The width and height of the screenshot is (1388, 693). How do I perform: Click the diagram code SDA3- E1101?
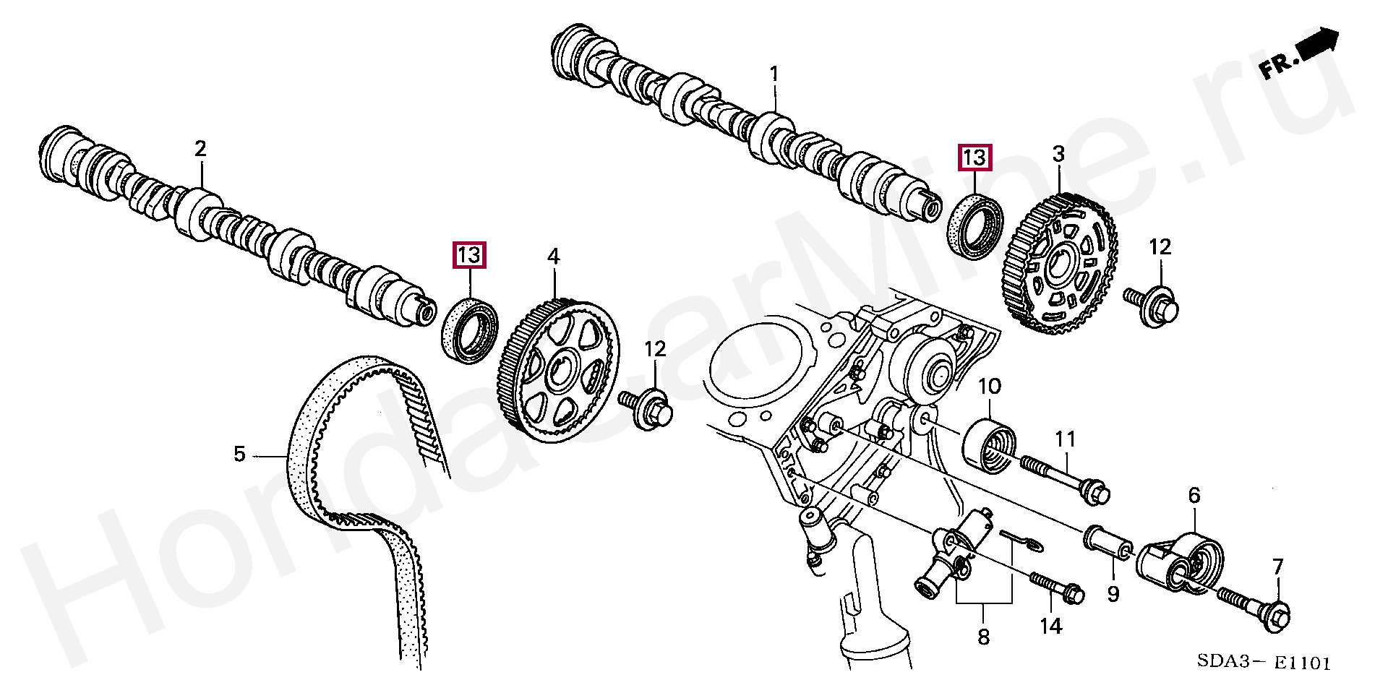pos(1263,661)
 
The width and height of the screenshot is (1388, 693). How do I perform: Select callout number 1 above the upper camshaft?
pos(774,74)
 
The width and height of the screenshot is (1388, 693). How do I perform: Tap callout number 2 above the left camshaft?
pos(200,149)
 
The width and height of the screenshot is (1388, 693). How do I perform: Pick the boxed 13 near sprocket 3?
pos(974,158)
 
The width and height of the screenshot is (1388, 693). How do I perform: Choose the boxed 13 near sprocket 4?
pos(469,255)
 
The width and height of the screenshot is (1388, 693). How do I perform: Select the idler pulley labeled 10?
pos(988,446)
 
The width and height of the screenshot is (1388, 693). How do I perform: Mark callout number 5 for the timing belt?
pos(240,455)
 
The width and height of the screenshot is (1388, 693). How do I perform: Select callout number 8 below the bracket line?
pos(983,637)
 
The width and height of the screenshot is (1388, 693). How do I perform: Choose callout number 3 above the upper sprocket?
pos(1058,154)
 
